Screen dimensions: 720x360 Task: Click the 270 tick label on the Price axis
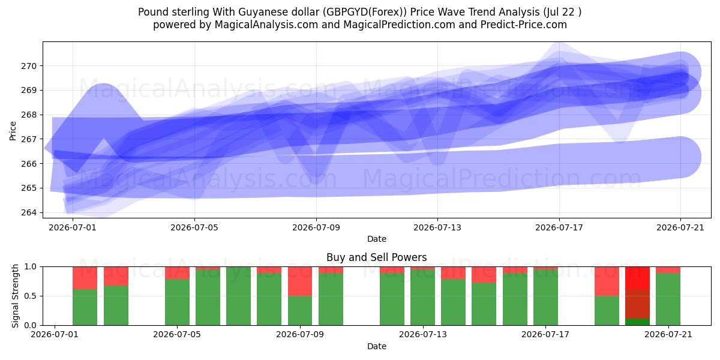(29, 66)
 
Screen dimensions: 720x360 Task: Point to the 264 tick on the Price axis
(29, 213)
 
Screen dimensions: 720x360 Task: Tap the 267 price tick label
(29, 139)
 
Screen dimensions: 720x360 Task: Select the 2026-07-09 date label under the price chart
(316, 228)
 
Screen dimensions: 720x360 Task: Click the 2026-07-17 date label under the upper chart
(559, 228)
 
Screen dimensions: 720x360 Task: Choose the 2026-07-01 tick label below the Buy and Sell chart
(55, 335)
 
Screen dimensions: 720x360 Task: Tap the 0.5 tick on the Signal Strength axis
(31, 296)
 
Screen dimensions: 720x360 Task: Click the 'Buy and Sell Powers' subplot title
(377, 257)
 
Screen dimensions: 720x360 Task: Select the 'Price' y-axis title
(13, 131)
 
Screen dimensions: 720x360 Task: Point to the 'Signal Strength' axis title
(15, 296)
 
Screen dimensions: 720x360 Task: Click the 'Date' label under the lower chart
(377, 346)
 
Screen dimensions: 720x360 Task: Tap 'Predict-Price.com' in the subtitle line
(524, 25)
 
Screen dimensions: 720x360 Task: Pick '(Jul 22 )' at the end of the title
(562, 12)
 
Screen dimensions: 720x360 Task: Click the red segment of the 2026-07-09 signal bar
(300, 281)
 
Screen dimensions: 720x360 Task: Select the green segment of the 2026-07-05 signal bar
(177, 302)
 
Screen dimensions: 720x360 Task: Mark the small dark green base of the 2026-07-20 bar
(637, 322)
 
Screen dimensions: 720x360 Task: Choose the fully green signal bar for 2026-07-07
(239, 296)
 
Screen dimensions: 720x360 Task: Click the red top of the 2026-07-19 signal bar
(607, 281)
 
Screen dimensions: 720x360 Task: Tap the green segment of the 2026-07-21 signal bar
(668, 299)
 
